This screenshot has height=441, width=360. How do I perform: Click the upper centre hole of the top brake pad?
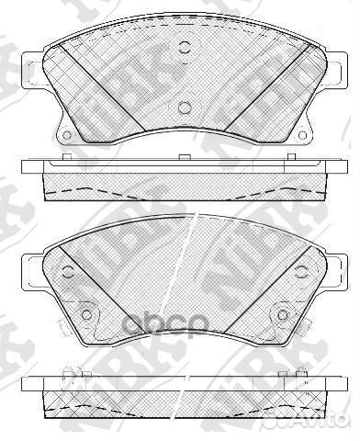tap(183, 50)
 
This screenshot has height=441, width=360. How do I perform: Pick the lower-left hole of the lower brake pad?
tap(87, 315)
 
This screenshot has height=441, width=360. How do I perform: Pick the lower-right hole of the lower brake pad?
tap(278, 315)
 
